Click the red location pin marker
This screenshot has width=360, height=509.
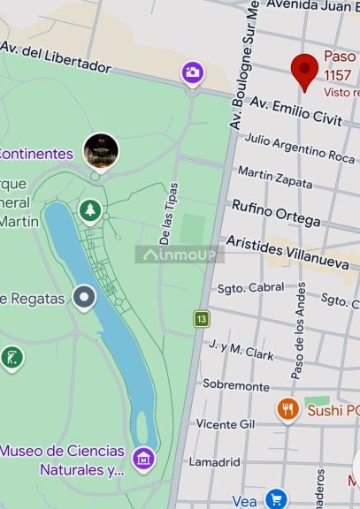[x=305, y=70]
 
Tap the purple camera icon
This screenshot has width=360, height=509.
[x=193, y=72]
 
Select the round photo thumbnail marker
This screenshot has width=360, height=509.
[x=101, y=151]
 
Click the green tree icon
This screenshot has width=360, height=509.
[x=89, y=210]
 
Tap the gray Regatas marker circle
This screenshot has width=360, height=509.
[x=84, y=298]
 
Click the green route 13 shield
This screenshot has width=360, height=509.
[x=203, y=318]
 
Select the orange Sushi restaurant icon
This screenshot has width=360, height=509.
[x=287, y=409]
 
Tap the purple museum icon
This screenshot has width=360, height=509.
[x=143, y=458]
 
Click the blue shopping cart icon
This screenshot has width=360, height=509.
[x=276, y=499]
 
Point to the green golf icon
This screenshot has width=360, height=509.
[x=11, y=358]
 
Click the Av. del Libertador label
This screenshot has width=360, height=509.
[x=56, y=57]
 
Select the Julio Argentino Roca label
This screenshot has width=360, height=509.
[x=299, y=148]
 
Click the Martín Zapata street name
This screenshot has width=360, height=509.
[x=275, y=177]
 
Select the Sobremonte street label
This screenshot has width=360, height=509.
[x=235, y=385]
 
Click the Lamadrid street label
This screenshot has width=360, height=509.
[x=215, y=461]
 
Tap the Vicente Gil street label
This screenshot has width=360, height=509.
[x=226, y=424]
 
